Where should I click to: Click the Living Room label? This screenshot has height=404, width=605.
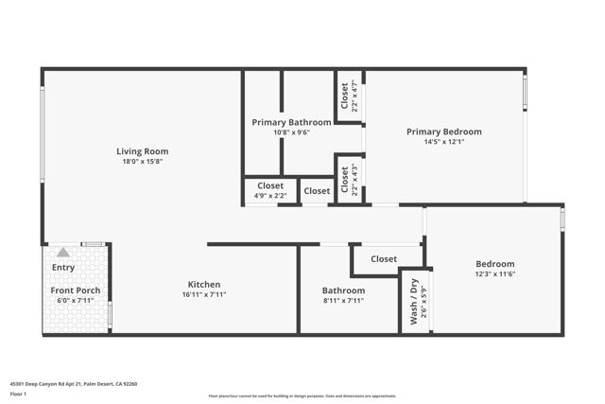142,151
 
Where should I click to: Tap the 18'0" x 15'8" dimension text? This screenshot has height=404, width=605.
142,162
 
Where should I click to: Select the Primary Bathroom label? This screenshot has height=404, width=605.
291,122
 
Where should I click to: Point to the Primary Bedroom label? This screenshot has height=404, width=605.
443,132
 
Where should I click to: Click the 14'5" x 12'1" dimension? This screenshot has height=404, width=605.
443,142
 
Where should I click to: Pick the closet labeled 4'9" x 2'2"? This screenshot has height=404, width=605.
270,190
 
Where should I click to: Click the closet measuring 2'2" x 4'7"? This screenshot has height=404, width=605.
349,97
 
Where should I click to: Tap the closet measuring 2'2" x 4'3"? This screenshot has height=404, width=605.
349,180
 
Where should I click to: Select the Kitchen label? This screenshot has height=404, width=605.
203,284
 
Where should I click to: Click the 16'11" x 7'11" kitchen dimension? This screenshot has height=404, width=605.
203,294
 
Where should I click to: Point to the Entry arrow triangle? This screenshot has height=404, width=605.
62,253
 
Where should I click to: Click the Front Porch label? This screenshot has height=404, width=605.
76,290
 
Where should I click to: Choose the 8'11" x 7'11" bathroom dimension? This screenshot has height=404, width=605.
343,301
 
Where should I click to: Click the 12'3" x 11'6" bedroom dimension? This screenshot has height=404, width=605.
494,274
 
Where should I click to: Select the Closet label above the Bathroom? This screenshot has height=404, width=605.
384,258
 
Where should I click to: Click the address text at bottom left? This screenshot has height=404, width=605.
74,384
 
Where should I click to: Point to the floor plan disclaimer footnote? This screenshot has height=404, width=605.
302,396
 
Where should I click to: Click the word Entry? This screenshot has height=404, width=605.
62,268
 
